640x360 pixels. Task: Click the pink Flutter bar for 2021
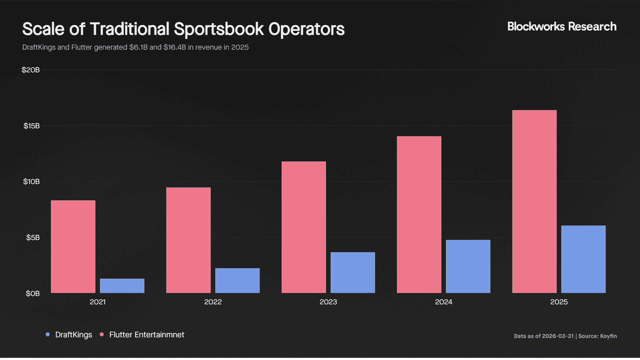(x=73, y=247)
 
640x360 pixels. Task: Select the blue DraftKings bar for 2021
(x=122, y=286)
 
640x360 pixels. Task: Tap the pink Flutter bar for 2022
(x=188, y=240)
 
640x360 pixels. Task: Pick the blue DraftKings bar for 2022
(x=237, y=281)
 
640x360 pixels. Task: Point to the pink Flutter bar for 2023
(x=304, y=227)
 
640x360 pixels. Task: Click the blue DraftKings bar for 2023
(x=353, y=273)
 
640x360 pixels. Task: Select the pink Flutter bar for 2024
(x=419, y=215)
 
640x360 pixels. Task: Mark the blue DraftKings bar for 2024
(x=468, y=266)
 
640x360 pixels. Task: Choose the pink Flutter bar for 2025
(x=534, y=202)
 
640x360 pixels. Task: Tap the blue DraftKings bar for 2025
(x=583, y=259)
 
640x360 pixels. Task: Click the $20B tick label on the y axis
(x=31, y=70)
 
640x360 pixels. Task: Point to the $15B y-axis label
(x=32, y=126)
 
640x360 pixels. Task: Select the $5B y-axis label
(x=33, y=238)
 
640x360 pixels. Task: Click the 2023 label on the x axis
(x=328, y=302)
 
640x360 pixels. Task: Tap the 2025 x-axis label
(x=559, y=302)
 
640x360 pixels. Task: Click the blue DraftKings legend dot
(x=48, y=334)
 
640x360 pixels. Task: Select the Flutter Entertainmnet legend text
(x=147, y=335)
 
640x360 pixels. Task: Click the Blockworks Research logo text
(x=562, y=27)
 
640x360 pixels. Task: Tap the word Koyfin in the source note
(x=608, y=336)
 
